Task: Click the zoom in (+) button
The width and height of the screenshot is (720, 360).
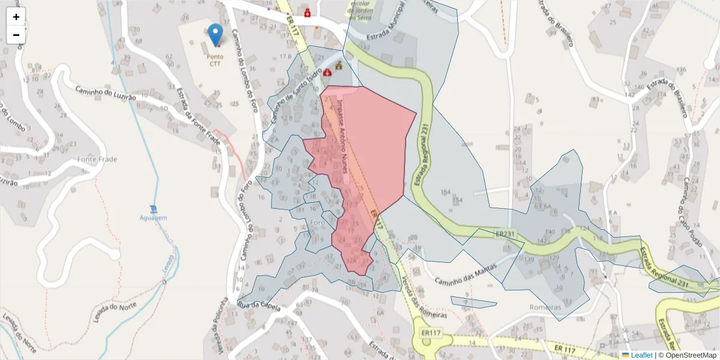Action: point(16,17)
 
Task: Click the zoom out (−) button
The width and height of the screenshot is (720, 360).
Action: point(16,35)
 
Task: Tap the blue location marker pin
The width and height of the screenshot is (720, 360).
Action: point(215,34)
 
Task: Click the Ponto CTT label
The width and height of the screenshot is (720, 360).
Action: point(215,60)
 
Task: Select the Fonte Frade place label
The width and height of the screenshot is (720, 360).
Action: point(97,160)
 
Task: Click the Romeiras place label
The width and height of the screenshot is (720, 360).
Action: point(545,307)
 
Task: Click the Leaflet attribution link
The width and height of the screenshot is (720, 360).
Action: point(641,355)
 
